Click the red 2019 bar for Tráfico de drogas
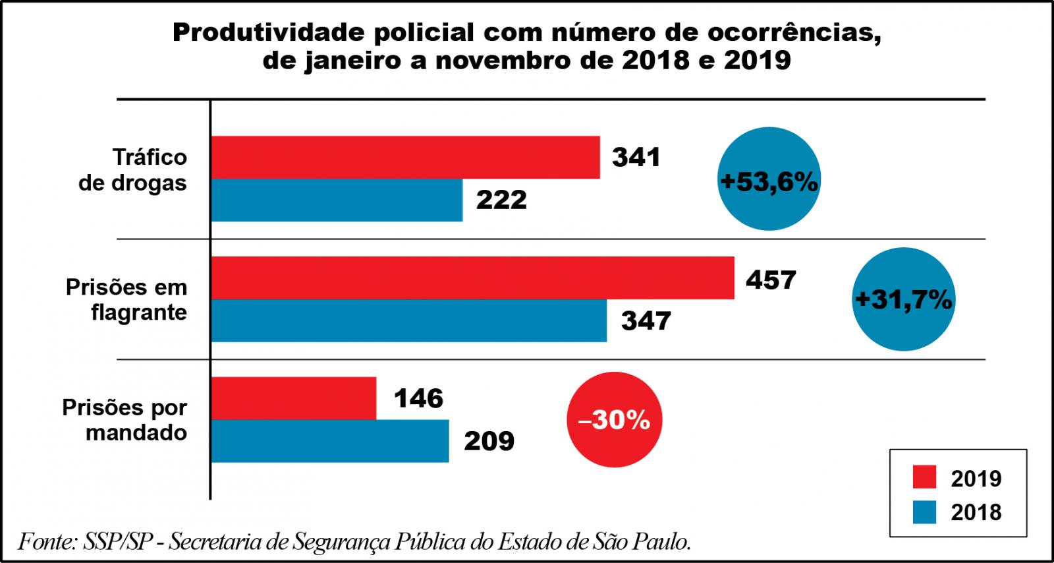click(405, 157)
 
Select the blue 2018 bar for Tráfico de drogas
click(337, 200)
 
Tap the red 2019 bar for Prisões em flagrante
click(472, 278)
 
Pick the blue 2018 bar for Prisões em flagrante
click(408, 320)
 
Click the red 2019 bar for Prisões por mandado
click(294, 398)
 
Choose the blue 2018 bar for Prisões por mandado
click(330, 441)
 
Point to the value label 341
click(636, 158)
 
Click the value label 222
click(501, 200)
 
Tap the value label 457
click(771, 280)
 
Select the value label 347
click(646, 321)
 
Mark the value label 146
click(418, 398)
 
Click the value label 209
click(489, 441)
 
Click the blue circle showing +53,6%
click(769, 179)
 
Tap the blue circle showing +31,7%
click(903, 300)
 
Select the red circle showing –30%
click(614, 420)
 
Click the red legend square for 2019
click(924, 478)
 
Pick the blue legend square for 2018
click(924, 512)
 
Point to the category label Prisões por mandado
click(125, 420)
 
